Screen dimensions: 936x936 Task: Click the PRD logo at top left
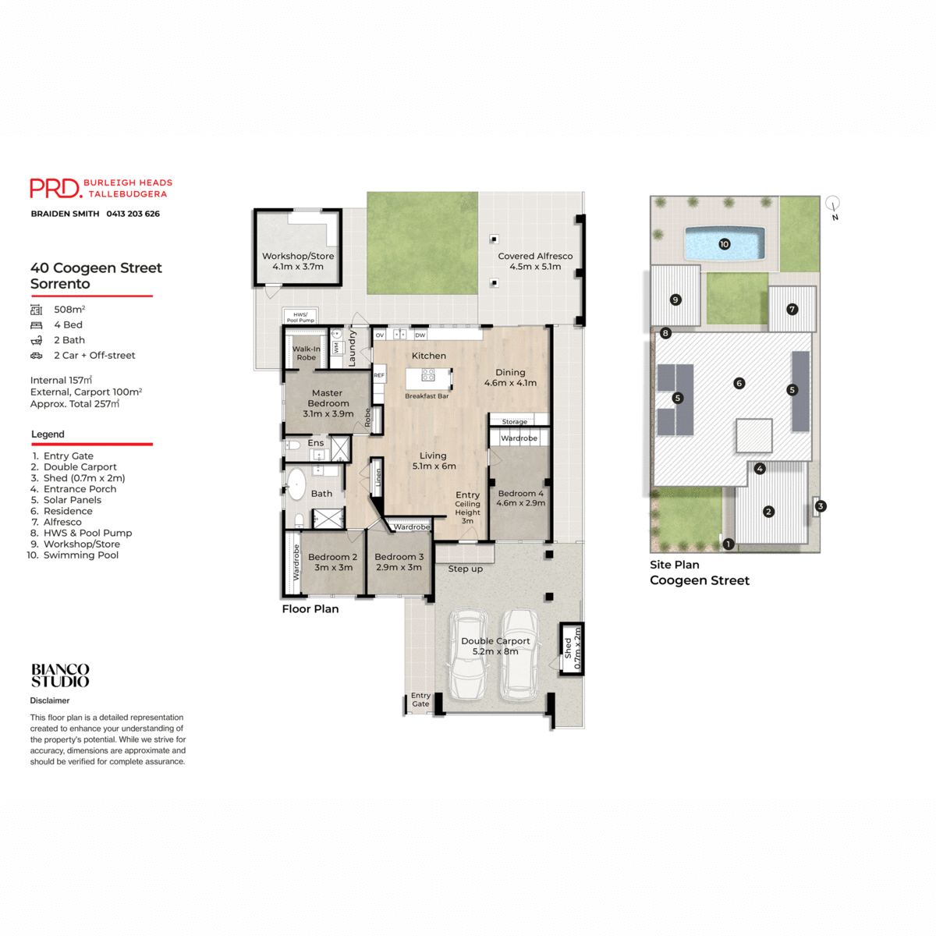pyautogui.click(x=55, y=188)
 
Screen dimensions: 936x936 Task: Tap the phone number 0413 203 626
pyautogui.click(x=133, y=214)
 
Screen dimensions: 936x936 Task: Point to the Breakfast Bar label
pyautogui.click(x=427, y=396)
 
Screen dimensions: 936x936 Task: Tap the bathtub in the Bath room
pyautogui.click(x=296, y=484)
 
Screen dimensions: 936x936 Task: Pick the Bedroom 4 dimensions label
pyautogui.click(x=520, y=503)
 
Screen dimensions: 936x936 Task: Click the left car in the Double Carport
pyautogui.click(x=467, y=655)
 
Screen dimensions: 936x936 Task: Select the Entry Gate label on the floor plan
pyautogui.click(x=420, y=700)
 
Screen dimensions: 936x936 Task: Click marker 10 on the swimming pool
pyautogui.click(x=724, y=244)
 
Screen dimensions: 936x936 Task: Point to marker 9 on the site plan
pyautogui.click(x=675, y=300)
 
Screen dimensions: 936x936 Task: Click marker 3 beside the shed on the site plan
pyautogui.click(x=820, y=506)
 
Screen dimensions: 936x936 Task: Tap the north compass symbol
pyautogui.click(x=833, y=205)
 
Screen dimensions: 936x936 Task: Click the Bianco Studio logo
pyautogui.click(x=60, y=675)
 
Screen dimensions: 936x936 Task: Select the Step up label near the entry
pyautogui.click(x=465, y=569)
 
